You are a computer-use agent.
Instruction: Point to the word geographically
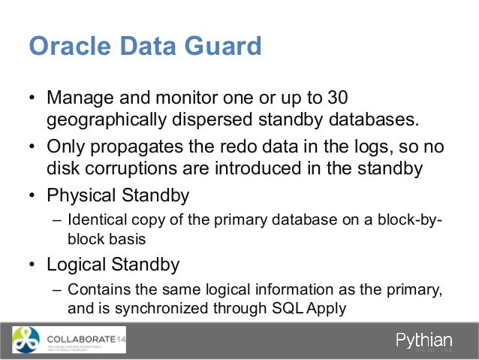[113, 120]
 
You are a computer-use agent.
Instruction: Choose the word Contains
[96, 290]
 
